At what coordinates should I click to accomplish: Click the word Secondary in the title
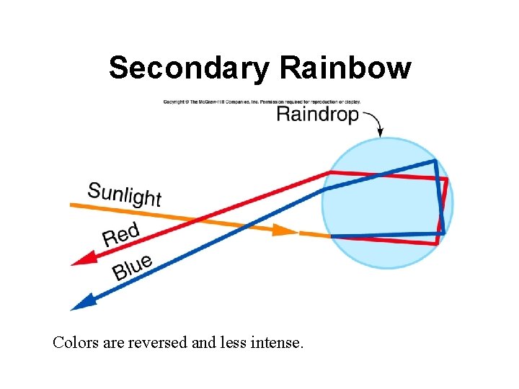190,69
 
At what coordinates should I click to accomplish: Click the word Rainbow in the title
345,69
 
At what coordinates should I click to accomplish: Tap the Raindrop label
317,115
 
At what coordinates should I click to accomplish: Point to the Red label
120,234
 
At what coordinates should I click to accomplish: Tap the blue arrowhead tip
72,308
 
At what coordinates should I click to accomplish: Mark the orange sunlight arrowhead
288,231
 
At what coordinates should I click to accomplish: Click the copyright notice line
261,102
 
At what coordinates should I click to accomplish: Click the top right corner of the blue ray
435,161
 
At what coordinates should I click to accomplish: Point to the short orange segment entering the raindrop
314,235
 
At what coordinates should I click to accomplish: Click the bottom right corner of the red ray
438,243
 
